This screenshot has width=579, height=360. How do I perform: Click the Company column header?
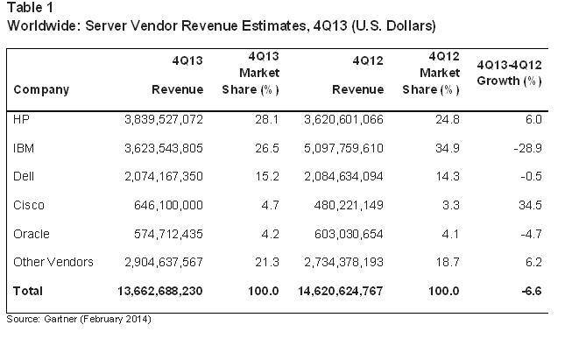click(41, 89)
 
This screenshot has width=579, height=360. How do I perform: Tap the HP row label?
click(23, 119)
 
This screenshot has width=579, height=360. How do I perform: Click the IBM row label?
click(25, 148)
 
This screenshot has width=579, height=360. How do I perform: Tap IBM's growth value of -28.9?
click(526, 148)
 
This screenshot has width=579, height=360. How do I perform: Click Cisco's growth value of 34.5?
click(528, 206)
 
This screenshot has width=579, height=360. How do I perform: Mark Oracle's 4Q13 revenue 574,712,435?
click(159, 234)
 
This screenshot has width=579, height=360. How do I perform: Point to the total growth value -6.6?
click(530, 290)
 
